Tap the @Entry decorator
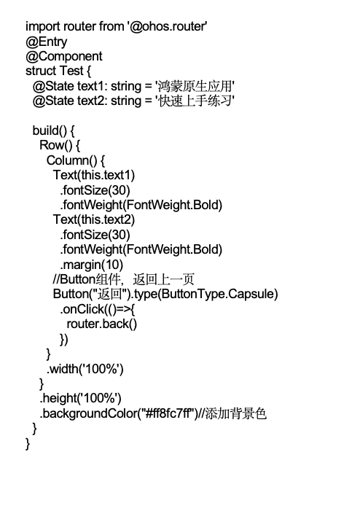coord(46,42)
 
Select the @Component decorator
coord(64,56)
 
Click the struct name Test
coord(71,71)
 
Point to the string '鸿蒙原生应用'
coord(195,86)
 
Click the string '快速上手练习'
coord(195,101)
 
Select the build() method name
coord(50,130)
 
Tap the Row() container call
coord(56,145)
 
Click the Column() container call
coord(72,160)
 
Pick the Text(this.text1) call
coord(94,175)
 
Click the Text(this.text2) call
coord(94,219)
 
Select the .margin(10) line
coord(92,265)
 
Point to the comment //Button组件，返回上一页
coord(123,279)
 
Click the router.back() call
coord(102,324)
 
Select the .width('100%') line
coord(85,368)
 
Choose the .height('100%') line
coord(80,398)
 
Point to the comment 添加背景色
coord(236,413)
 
